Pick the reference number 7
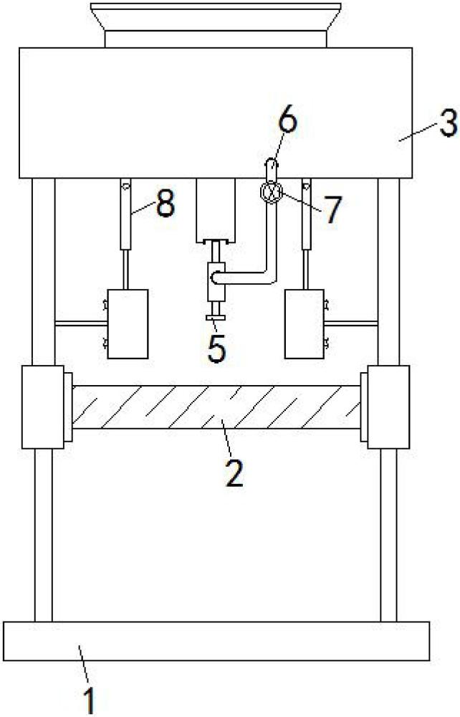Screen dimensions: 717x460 (x=330, y=211)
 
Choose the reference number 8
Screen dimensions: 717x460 (x=165, y=205)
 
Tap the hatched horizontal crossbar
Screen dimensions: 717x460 (x=216, y=407)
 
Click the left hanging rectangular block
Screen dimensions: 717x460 (x=128, y=323)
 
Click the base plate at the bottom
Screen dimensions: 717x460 (x=216, y=641)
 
